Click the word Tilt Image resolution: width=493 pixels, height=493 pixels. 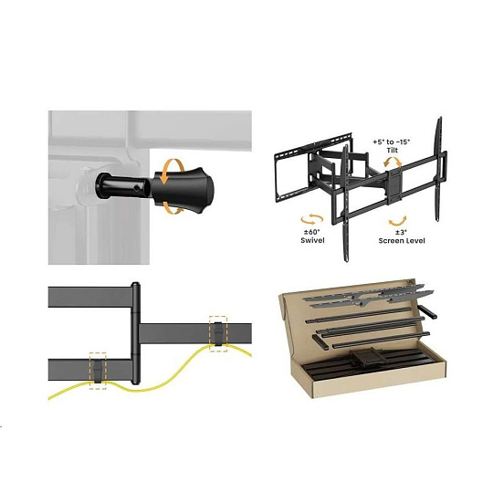point(392,151)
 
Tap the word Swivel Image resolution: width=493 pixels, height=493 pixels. point(312,240)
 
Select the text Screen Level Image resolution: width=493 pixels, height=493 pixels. point(402,240)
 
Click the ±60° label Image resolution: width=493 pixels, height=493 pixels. point(311,232)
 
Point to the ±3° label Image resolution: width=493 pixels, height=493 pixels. point(401,233)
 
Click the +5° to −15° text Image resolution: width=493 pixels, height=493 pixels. point(392,142)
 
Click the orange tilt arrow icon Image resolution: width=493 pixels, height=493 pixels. point(392,162)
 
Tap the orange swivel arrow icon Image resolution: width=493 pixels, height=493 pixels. point(312,219)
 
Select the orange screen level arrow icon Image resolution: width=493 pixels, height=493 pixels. point(398,221)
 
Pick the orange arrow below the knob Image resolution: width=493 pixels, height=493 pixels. point(173,209)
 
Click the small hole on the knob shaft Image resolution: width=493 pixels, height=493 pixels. point(136,188)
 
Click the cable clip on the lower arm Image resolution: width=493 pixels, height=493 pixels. point(98,371)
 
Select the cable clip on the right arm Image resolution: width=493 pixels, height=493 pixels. point(218,334)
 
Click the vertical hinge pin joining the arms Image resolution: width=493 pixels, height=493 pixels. point(135,333)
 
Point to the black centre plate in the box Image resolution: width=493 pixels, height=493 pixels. point(366,357)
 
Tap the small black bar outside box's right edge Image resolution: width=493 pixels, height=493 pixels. point(427,311)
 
